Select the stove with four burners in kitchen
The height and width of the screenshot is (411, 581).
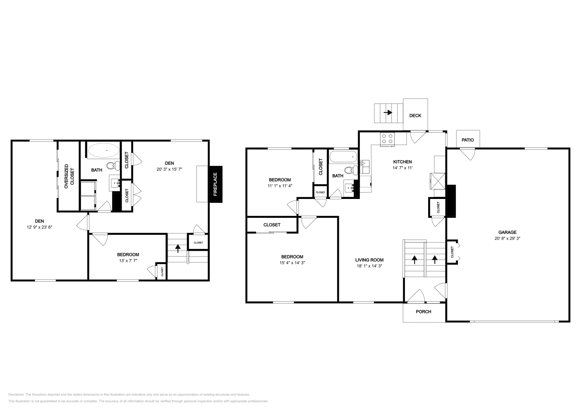pos(387,140)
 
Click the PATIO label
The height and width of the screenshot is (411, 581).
pos(468,140)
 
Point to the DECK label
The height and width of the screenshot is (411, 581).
pos(415,115)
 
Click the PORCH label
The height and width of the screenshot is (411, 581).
pos(423,312)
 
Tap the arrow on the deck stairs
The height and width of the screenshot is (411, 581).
pos(388,113)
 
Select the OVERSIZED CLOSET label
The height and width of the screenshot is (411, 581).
pos(69,176)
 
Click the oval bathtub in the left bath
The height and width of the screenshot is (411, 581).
pos(103,150)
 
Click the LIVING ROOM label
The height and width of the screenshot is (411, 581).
pos(369,260)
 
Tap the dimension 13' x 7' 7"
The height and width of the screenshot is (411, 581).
pos(128,260)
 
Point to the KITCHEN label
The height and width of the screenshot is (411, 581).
pos(402,162)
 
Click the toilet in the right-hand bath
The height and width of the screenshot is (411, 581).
pos(349,170)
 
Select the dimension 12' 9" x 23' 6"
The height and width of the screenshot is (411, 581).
pos(39,227)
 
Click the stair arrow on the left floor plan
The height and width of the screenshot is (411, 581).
pos(178,248)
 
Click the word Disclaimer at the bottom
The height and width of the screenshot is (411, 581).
pos(16,394)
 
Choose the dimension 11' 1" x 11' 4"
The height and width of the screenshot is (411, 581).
pos(280,186)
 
